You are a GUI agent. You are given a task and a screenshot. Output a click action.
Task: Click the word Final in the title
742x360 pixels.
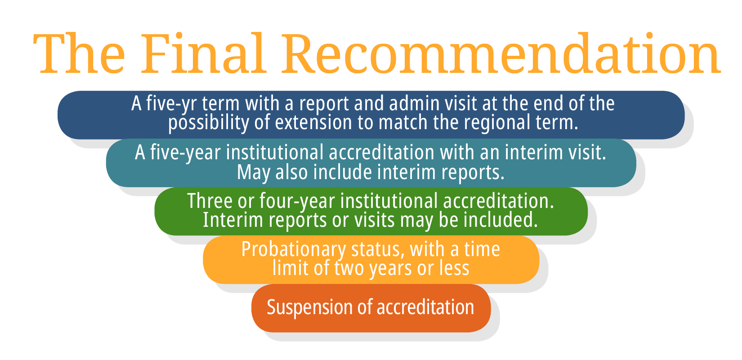pyautogui.click(x=203, y=54)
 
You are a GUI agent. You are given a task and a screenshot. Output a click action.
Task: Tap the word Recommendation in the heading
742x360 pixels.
pyautogui.click(x=501, y=54)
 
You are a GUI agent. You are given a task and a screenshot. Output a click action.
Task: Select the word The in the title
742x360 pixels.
pyautogui.click(x=79, y=54)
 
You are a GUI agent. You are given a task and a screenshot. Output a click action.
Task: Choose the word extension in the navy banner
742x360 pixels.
pyautogui.click(x=313, y=123)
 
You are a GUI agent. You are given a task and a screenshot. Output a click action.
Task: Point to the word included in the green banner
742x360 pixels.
pyautogui.click(x=501, y=220)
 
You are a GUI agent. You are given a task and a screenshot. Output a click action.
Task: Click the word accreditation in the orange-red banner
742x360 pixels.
pyautogui.click(x=425, y=307)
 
